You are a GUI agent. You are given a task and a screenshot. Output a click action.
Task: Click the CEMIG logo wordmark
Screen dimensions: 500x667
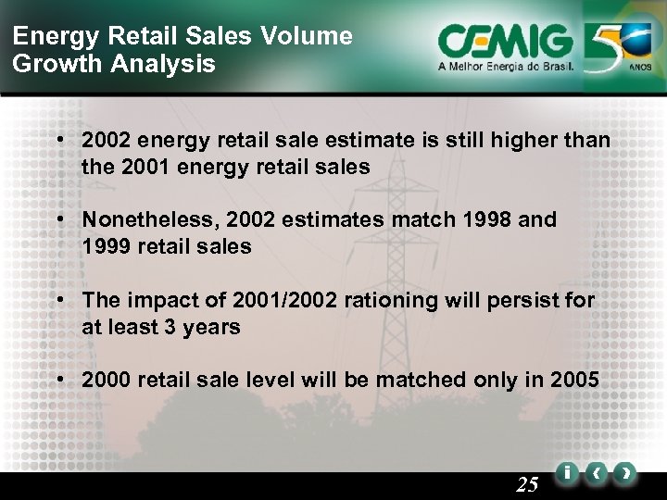tap(506, 41)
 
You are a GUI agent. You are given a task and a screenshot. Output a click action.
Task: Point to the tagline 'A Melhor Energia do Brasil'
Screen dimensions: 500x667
tap(506, 67)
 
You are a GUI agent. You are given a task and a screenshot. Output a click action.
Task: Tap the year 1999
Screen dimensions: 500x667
tap(107, 246)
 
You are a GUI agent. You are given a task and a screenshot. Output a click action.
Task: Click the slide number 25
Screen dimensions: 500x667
tap(528, 483)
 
